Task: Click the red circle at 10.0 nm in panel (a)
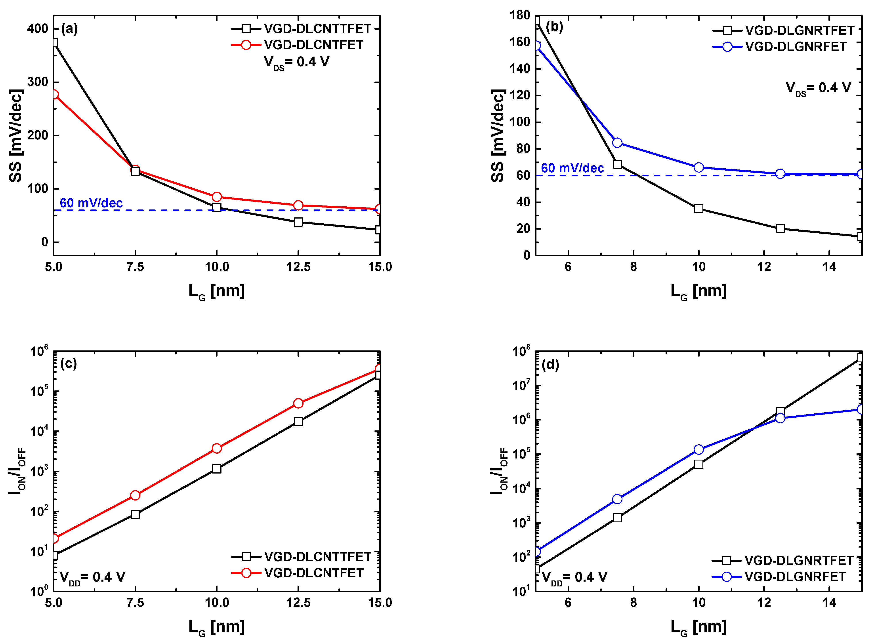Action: point(217,197)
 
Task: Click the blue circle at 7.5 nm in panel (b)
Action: point(617,143)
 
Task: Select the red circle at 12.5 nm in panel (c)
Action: point(298,403)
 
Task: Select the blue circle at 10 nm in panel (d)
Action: point(699,450)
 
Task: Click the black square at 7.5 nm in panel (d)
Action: point(617,518)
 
